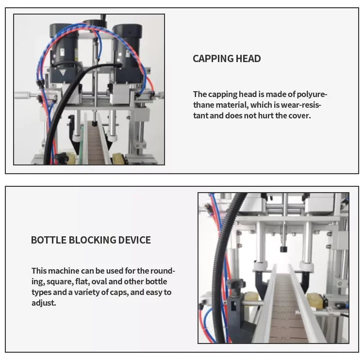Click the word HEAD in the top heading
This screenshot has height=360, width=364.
tap(248, 59)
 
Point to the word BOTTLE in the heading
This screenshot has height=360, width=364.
tap(48, 240)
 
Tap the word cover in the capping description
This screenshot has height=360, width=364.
tap(299, 115)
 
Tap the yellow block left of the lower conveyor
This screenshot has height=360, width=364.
tap(253, 300)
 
